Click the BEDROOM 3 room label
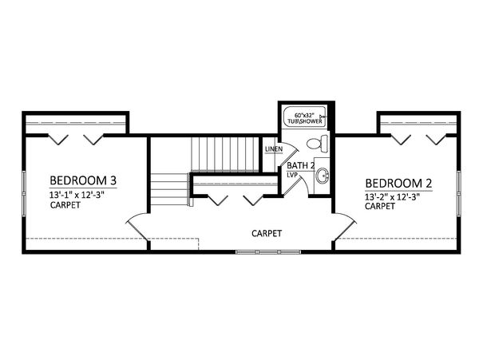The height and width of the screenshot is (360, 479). [x=83, y=180]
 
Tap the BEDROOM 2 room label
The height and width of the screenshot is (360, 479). [x=398, y=184]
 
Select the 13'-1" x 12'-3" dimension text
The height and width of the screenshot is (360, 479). [x=77, y=195]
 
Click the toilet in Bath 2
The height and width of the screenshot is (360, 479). [x=318, y=144]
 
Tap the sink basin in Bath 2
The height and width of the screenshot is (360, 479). [x=322, y=176]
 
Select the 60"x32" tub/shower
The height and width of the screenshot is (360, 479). [x=304, y=117]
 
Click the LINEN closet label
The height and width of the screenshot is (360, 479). [x=274, y=149]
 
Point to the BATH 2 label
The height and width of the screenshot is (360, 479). [x=301, y=166]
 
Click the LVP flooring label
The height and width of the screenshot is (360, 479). [x=292, y=176]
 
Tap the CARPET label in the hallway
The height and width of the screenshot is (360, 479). [x=267, y=234]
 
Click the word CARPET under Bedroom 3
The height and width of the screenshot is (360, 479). [x=65, y=205]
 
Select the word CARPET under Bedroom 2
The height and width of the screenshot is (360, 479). [x=380, y=207]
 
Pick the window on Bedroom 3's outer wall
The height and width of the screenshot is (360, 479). [x=24, y=193]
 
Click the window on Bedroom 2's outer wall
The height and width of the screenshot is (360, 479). [x=458, y=193]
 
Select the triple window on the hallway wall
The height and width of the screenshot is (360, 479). [x=268, y=252]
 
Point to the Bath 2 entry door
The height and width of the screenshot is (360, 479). [x=295, y=184]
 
